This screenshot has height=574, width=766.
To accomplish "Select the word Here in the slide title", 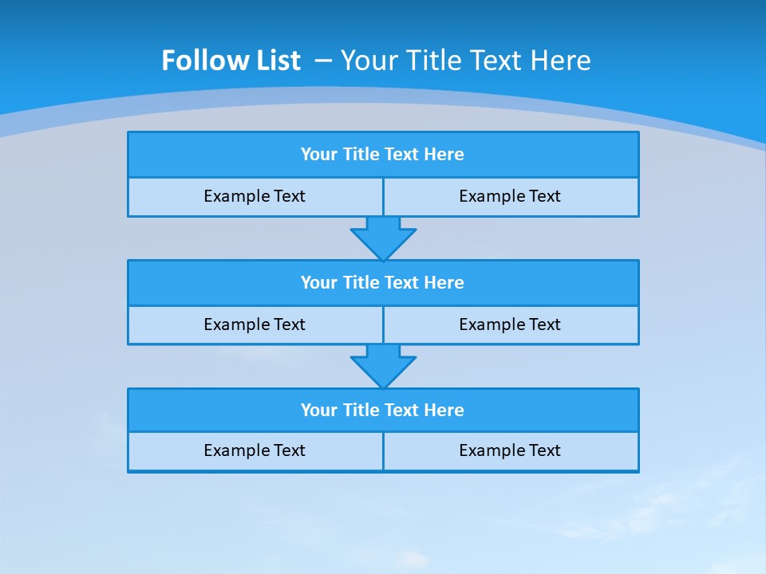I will pos(559,61).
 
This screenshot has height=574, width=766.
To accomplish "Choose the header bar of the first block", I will pos(383,155).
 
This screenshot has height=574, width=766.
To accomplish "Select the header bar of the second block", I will pos(383,283).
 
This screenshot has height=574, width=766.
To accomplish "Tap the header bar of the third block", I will pos(383,411).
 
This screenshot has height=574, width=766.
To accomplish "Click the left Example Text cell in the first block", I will pos(255,197).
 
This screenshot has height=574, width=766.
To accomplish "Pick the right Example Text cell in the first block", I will pos(511,197).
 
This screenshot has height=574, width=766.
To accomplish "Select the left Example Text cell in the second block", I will pos(255,325).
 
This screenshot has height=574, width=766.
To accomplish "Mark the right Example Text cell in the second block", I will pos(511,325).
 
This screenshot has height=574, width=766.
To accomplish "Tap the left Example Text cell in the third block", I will pos(255,451).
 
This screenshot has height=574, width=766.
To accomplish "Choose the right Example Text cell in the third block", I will pos(511,451).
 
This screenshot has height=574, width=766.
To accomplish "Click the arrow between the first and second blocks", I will pos(383,238).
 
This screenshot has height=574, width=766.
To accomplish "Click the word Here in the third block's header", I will pos(444,411).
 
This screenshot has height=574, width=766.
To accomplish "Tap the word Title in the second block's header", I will pos(361,283).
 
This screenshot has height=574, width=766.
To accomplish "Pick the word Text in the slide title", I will pos(492,61).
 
